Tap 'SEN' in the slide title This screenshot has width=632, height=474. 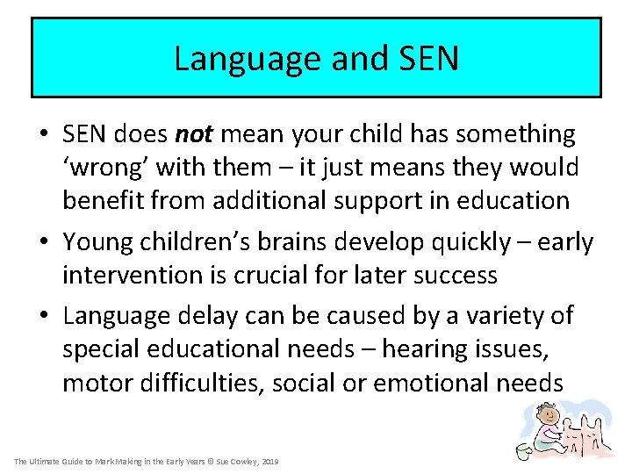click(x=427, y=59)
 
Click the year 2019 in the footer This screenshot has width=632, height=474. click(x=270, y=461)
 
